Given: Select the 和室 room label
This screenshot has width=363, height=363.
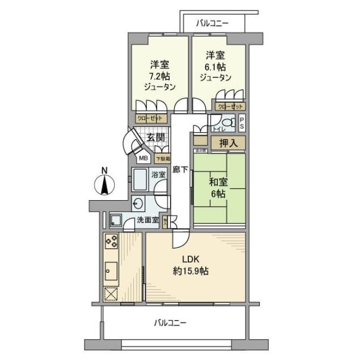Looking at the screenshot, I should tap(218, 181).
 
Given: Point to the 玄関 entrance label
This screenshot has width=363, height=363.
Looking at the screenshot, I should tap(155, 137).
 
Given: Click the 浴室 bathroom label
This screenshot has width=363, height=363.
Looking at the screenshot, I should tap(159, 175).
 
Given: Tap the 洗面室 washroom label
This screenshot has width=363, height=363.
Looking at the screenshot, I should tap(147, 220).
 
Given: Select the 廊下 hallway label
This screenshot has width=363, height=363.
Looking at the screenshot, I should tap(180, 168).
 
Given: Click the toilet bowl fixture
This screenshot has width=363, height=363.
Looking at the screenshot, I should tap(227, 123).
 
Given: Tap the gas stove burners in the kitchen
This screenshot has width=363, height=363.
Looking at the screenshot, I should tap(111, 242).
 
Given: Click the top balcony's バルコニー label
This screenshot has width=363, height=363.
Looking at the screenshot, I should tap(213, 24).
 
